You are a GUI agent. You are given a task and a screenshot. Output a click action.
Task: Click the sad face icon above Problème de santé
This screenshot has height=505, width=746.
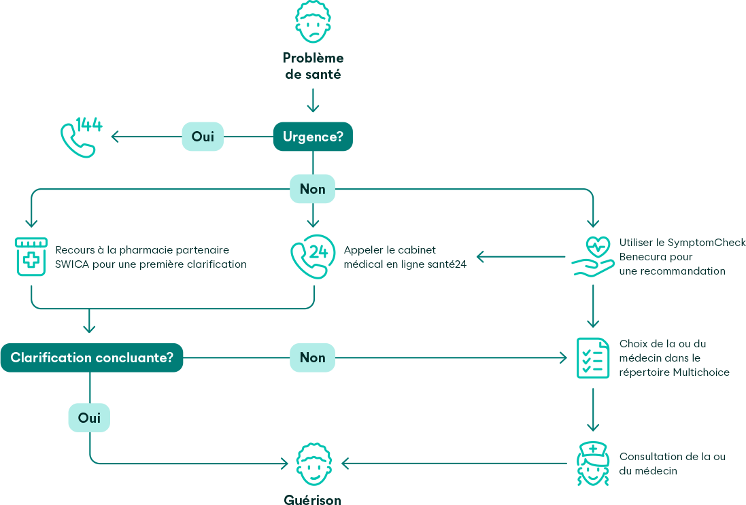(313, 22)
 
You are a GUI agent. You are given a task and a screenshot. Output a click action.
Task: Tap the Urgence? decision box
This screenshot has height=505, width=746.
(313, 137)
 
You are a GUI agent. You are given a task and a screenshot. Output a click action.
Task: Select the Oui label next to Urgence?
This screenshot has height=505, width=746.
(203, 137)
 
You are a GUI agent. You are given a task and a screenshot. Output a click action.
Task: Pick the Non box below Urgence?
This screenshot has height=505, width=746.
(313, 189)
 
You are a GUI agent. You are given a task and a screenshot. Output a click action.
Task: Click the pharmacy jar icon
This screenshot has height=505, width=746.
(31, 256)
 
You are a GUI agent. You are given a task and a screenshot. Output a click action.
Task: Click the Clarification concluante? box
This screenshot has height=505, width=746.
(92, 358)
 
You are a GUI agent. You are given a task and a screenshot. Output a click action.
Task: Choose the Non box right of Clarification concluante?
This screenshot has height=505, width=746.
(313, 358)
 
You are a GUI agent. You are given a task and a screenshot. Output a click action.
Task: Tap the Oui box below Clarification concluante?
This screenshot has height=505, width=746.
(89, 418)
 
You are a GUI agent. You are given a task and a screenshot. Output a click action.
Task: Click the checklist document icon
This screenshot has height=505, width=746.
(592, 358)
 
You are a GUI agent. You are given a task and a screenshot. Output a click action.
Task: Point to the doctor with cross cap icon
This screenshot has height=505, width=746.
(592, 464)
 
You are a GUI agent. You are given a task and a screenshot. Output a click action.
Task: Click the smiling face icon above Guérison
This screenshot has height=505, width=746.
(313, 464)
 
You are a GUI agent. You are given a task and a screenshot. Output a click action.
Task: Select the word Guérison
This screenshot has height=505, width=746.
(313, 500)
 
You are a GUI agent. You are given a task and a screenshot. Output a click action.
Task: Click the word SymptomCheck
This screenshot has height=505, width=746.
(706, 243)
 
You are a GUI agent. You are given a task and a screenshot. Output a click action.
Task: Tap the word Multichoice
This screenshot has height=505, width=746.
(701, 372)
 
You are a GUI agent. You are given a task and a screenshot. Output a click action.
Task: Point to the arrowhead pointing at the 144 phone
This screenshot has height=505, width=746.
(115, 137)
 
